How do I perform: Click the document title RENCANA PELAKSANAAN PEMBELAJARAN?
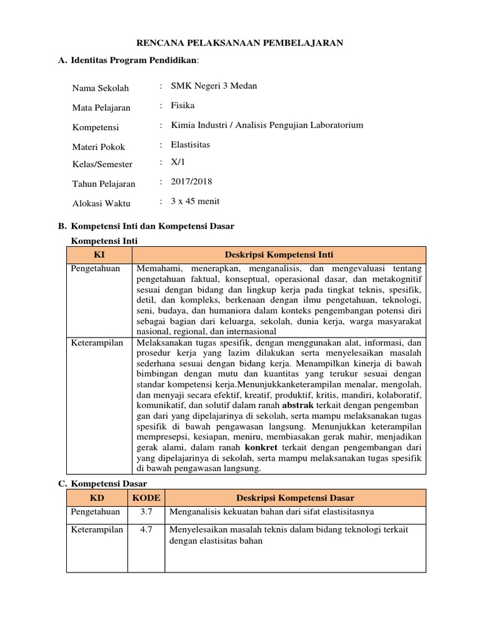pos(240,42)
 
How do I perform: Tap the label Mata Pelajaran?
pos(101,107)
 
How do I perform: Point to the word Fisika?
pos(183,106)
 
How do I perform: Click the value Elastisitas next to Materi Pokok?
pos(191,144)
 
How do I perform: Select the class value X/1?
pos(178,162)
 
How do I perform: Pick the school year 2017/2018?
pos(191,182)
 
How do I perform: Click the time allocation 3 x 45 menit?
pos(195,201)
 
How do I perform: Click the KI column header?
pos(99,255)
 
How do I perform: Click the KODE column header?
pos(146,497)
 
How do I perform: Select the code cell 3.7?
pos(146,512)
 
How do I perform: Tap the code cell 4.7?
pos(146,530)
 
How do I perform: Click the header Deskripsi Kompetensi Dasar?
pos(295,497)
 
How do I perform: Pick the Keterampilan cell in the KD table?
pos(97,530)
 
